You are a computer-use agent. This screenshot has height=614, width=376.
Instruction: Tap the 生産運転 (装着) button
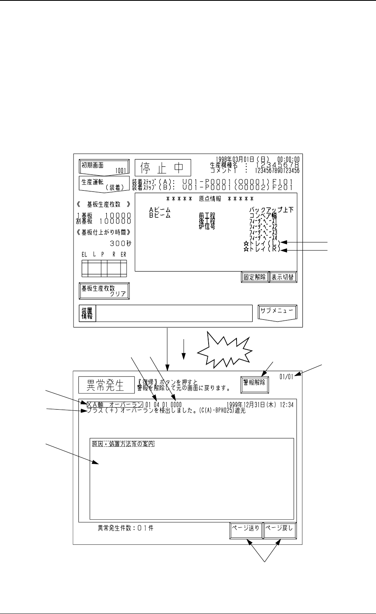click(104, 184)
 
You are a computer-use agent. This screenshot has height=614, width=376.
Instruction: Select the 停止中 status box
click(163, 168)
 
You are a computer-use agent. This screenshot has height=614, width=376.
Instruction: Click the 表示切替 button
click(283, 277)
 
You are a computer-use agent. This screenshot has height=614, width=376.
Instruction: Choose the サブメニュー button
click(277, 312)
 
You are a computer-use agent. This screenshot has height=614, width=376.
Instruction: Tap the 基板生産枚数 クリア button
click(104, 291)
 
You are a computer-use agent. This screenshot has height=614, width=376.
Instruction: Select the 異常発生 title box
click(106, 385)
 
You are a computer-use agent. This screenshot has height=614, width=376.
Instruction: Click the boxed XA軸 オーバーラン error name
click(114, 404)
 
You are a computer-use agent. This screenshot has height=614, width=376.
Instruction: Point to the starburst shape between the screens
click(225, 348)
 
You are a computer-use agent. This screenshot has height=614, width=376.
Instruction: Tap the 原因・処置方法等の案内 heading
click(123, 444)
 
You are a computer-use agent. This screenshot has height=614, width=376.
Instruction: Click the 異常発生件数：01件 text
click(126, 528)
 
